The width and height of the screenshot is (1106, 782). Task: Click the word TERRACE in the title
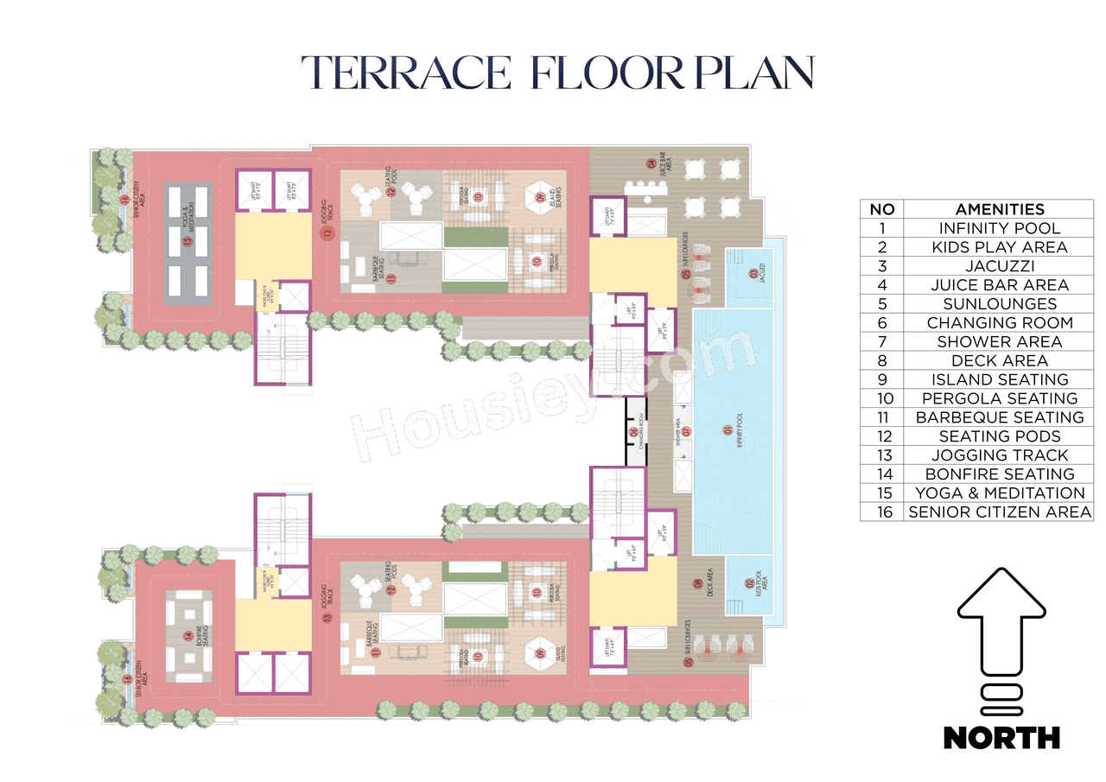click(x=407, y=73)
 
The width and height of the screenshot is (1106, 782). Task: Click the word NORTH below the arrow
click(x=1001, y=737)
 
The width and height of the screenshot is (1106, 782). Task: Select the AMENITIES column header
click(x=999, y=209)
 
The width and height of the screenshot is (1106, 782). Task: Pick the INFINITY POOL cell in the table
click(x=999, y=228)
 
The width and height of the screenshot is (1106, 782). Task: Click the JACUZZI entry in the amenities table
click(x=999, y=266)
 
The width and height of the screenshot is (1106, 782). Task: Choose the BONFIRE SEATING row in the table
click(x=999, y=474)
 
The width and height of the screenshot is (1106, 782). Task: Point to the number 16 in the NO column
click(x=881, y=512)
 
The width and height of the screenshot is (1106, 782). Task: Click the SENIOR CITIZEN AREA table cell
click(x=999, y=512)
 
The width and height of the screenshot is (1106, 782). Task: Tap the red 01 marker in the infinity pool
click(x=728, y=429)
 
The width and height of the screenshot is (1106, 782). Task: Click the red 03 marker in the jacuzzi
click(x=753, y=275)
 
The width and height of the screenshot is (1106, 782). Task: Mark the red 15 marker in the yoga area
click(x=187, y=242)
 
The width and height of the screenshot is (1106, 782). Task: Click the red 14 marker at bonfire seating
click(x=188, y=637)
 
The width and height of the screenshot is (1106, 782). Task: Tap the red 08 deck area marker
click(x=697, y=583)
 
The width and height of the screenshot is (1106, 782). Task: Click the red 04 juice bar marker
click(x=651, y=163)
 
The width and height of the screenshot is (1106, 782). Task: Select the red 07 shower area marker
click(x=687, y=430)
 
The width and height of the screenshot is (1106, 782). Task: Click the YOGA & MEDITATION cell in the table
click(x=999, y=493)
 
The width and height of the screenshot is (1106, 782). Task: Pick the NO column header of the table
click(x=881, y=209)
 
